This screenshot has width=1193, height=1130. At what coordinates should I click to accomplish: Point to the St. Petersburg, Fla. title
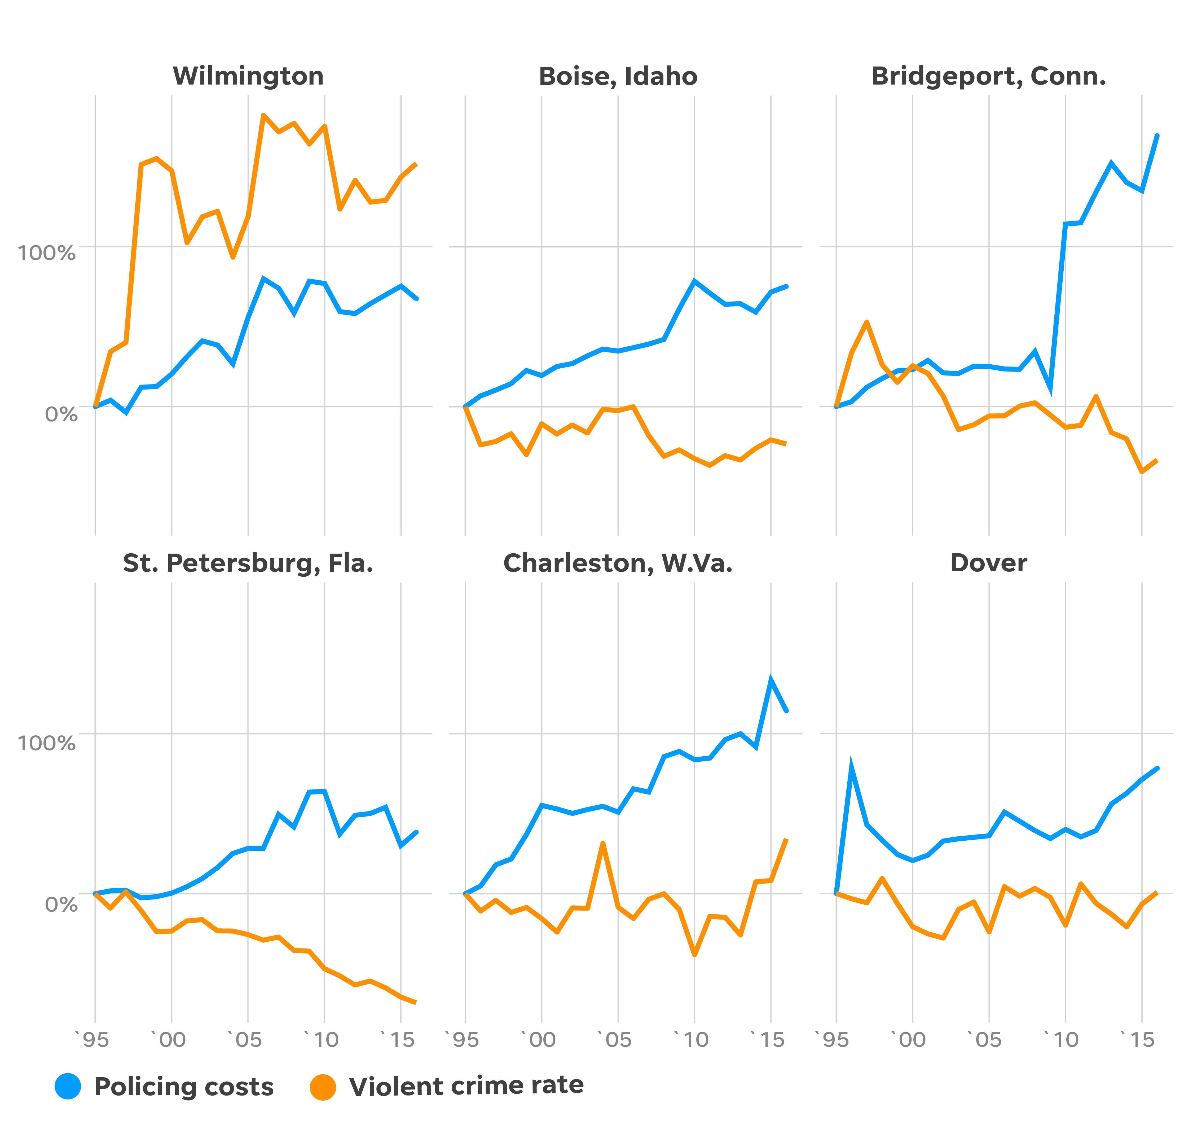tap(248, 563)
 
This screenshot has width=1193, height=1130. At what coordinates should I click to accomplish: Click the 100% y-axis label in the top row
tap(47, 252)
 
